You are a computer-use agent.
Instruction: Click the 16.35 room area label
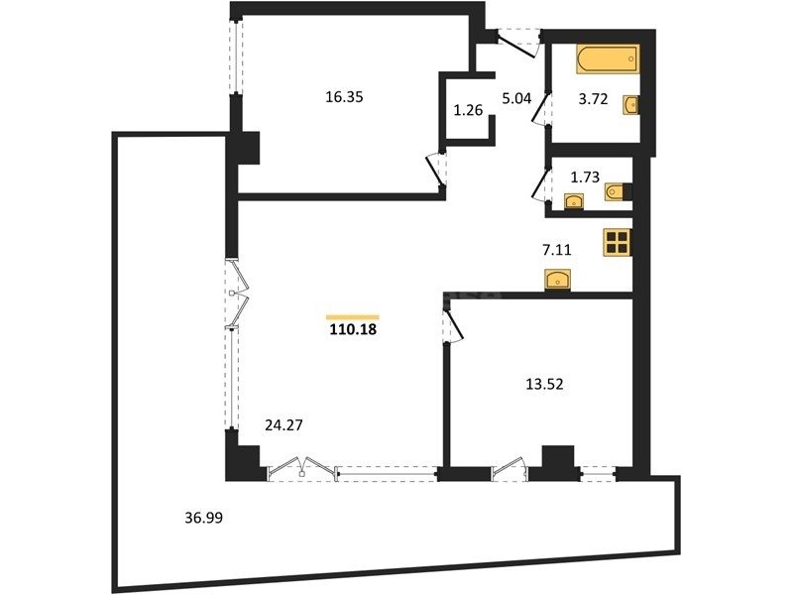tap(344, 96)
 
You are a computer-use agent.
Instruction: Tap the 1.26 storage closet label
tap(468, 110)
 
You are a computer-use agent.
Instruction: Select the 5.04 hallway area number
tap(516, 98)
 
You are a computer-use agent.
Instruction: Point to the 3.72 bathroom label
tap(593, 99)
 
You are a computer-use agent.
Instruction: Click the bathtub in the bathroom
tap(608, 59)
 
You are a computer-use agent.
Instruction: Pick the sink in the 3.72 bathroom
tap(630, 105)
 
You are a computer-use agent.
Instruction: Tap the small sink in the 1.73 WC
tap(574, 202)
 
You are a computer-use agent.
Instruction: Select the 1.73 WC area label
tap(585, 178)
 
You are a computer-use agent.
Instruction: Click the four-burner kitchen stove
tap(617, 242)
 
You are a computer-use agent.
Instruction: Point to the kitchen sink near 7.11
tap(557, 280)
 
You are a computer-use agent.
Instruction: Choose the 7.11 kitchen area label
tap(556, 250)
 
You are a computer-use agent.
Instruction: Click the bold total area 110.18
tap(353, 330)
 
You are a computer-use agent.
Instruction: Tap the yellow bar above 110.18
tap(353, 317)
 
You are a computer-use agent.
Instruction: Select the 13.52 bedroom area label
tap(544, 385)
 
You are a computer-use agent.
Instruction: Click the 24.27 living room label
tap(283, 425)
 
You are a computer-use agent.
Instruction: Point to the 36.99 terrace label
tap(203, 518)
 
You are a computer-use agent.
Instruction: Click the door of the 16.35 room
tap(436, 171)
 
